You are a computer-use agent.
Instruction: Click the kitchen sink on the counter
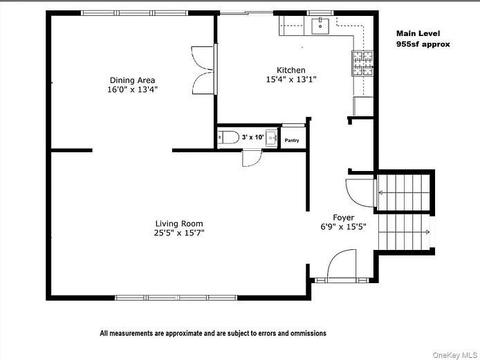point(320,26)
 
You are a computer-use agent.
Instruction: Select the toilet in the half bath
point(230,138)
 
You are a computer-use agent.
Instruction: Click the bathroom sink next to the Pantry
point(271,138)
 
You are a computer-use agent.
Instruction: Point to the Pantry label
point(293,141)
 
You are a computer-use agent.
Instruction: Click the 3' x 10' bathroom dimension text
point(253,138)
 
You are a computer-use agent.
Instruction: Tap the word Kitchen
point(291,70)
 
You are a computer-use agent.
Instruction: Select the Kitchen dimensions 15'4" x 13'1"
point(291,80)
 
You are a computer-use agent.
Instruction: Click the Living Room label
point(179,223)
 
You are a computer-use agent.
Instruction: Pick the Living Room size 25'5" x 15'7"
point(179,233)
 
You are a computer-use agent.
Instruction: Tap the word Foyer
point(344,217)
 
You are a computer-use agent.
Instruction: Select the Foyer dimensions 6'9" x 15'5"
point(344,226)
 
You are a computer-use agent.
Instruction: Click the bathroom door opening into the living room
point(251,159)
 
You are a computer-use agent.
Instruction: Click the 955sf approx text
point(423,44)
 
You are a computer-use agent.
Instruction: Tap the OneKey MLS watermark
point(453,354)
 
